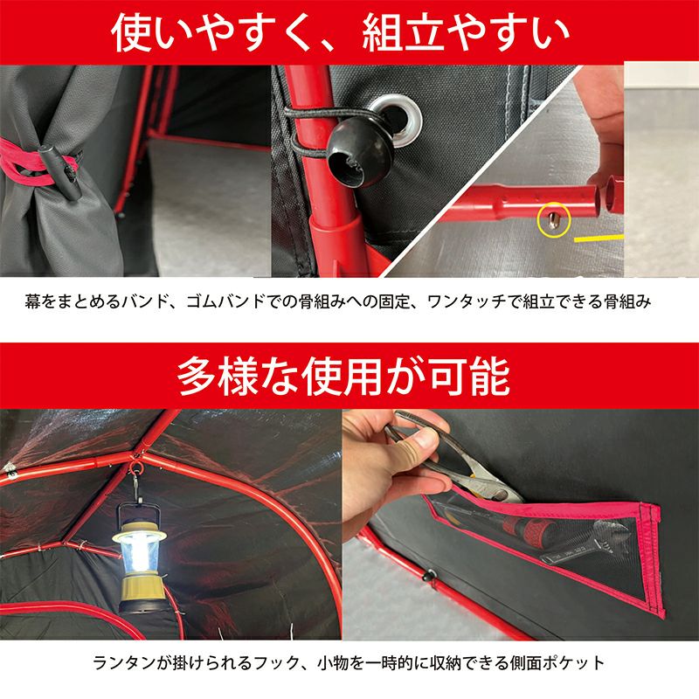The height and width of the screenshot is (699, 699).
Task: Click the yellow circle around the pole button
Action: click(x=553, y=219)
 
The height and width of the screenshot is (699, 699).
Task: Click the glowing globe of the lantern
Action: click(x=140, y=553)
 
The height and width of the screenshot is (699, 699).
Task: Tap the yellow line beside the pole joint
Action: click(x=599, y=238)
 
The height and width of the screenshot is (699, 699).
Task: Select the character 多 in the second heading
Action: click(x=197, y=376)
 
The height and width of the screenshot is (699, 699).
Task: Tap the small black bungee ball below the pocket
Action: click(x=430, y=575)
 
